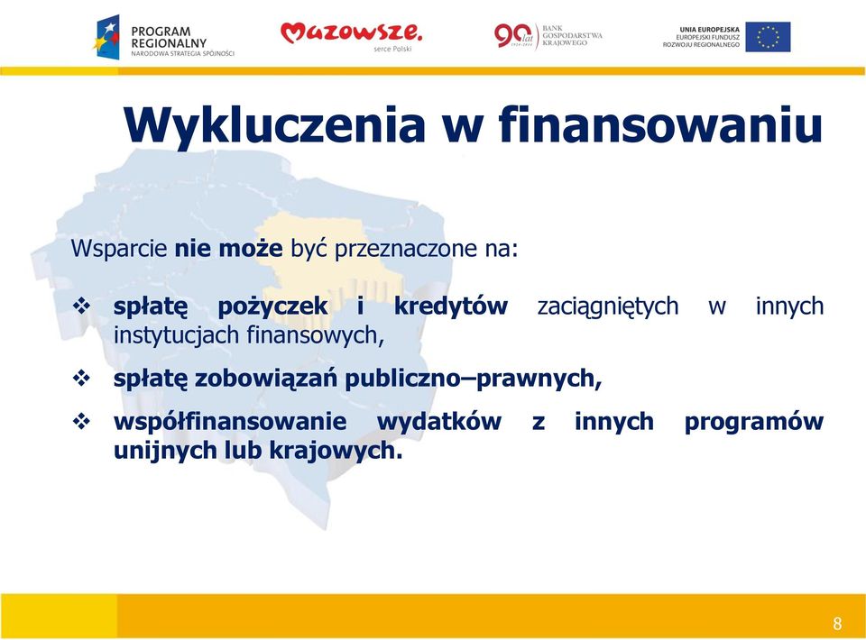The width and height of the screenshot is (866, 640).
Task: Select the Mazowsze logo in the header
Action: tap(351, 35)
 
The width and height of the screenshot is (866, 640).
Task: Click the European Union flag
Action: tap(768, 37)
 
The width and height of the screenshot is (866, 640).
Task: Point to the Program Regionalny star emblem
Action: tap(106, 37)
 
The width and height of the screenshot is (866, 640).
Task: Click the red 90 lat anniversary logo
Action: tap(516, 36)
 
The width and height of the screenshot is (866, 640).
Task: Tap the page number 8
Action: tap(837, 624)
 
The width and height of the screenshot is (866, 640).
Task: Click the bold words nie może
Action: tap(228, 248)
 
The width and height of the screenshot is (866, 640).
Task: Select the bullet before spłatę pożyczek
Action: tap(81, 306)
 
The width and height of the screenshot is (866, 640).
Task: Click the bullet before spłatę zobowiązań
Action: tap(81, 378)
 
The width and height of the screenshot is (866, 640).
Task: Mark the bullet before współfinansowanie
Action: tap(81, 422)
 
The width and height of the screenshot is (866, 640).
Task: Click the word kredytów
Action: tap(451, 306)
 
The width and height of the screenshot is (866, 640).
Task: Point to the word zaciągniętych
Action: tap(607, 306)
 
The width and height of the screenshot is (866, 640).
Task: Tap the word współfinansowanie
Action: tap(230, 422)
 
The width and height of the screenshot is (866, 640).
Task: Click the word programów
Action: tap(754, 423)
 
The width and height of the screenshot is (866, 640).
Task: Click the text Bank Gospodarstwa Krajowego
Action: tap(572, 35)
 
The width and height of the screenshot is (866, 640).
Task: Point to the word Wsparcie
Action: tap(119, 249)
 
